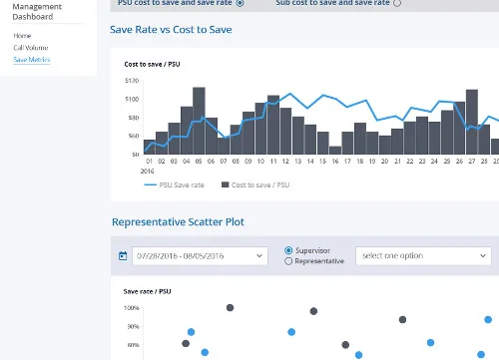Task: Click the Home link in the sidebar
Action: tap(22, 35)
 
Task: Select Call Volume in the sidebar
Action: tap(30, 47)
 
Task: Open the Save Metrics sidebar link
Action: tap(32, 60)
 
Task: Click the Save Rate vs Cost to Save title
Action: tap(171, 30)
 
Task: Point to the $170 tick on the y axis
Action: tap(132, 80)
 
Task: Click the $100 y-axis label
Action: tap(132, 99)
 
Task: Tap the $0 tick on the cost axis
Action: tap(135, 154)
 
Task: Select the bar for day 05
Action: tap(199, 121)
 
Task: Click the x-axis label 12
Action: tap(285, 161)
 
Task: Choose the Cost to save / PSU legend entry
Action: tap(254, 184)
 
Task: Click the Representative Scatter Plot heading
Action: tap(177, 221)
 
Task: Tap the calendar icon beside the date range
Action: tap(123, 256)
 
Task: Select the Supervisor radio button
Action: tap(289, 250)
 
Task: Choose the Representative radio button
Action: tap(289, 261)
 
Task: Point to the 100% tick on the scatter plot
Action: tap(132, 308)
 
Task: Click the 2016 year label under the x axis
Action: tap(148, 171)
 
